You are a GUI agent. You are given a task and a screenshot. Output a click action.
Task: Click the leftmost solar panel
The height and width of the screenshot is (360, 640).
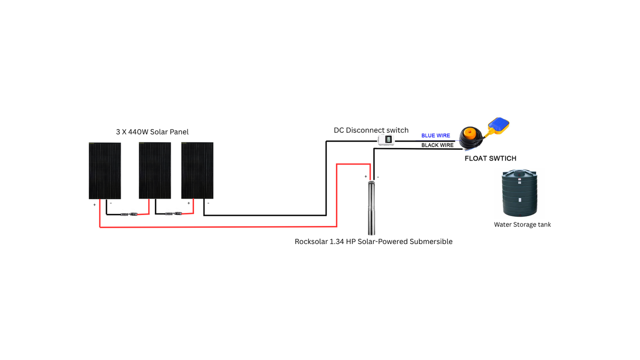click(104, 171)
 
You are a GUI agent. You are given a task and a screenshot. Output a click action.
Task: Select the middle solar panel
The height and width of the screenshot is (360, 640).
click(154, 170)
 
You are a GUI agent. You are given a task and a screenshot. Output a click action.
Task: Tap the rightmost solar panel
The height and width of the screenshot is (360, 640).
click(197, 170)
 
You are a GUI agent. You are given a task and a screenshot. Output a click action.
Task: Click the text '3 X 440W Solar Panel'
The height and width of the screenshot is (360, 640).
click(152, 132)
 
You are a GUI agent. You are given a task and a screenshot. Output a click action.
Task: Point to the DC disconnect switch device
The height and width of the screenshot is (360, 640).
click(386, 140)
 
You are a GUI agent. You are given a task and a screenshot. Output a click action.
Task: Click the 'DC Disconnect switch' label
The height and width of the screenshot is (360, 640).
click(371, 130)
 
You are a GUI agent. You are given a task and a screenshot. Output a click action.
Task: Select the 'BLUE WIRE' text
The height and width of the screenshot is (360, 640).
click(435, 136)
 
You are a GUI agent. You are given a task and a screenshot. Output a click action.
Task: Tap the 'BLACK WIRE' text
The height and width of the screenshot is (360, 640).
click(437, 145)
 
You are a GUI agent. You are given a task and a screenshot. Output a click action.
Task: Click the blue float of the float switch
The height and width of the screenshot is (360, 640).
click(499, 124)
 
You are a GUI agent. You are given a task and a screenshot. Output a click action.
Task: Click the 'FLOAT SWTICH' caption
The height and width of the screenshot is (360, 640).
click(490, 158)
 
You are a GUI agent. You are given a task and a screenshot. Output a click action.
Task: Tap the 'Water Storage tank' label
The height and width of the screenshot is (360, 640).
click(522, 225)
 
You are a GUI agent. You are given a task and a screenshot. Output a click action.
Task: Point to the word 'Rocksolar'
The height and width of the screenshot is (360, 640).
click(311, 241)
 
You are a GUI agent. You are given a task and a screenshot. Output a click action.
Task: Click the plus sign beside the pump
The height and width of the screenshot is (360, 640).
click(365, 177)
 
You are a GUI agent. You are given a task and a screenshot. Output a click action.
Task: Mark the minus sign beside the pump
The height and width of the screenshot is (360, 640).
click(378, 177)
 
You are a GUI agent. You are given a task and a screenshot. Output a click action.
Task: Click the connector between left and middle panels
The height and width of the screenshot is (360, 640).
click(129, 215)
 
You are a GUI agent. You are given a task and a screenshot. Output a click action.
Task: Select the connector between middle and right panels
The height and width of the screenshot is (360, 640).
click(173, 214)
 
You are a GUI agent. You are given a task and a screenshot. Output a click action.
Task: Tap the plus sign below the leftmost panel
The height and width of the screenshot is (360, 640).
click(95, 205)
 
